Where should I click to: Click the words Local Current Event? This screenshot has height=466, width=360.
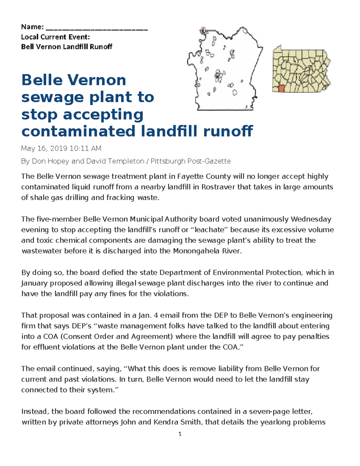[x=55, y=37]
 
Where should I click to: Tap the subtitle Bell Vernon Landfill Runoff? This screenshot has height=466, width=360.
[x=67, y=47]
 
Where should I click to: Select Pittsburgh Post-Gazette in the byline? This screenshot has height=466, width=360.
[x=190, y=161]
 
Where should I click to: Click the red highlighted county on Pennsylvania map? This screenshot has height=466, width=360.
[x=281, y=89]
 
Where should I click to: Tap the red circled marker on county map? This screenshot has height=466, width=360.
[x=202, y=29]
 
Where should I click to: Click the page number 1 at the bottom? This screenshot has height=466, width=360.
[x=180, y=434]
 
